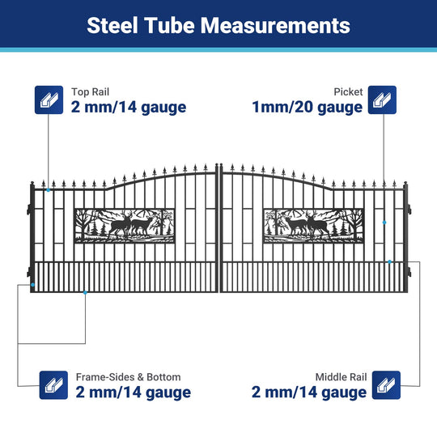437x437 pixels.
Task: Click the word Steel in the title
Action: tap(112, 25)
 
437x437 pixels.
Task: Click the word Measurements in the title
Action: tap(275, 25)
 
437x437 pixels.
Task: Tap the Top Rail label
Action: tap(90, 91)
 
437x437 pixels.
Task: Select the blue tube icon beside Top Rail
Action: tap(49, 100)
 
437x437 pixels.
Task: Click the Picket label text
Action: tap(348, 91)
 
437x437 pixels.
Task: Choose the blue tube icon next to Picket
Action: tap(382, 100)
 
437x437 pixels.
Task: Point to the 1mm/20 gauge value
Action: tap(308, 107)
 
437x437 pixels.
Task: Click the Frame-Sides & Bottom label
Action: tap(128, 377)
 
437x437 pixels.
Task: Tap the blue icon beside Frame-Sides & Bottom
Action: tap(53, 385)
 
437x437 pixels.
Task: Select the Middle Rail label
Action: tap(341, 377)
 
